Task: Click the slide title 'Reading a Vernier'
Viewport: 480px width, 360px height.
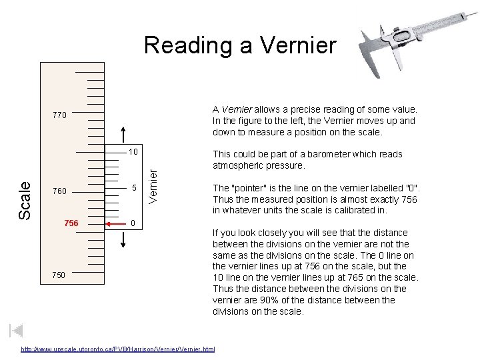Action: pos(240,45)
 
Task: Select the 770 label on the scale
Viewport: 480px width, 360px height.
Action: pos(59,115)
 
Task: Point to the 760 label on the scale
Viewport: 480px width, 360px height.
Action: pos(59,191)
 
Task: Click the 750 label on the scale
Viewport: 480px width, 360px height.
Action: pos(59,275)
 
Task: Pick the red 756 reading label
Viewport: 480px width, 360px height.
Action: pos(71,223)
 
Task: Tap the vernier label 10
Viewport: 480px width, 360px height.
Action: pos(133,152)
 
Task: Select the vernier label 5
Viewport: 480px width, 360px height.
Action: pos(133,189)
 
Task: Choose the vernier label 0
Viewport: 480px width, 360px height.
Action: pos(133,223)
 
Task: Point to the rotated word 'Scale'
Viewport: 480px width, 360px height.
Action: pos(25,200)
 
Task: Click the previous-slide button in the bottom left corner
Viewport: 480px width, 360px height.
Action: pos(17,331)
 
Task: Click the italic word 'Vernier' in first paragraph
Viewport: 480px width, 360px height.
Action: pos(237,109)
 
